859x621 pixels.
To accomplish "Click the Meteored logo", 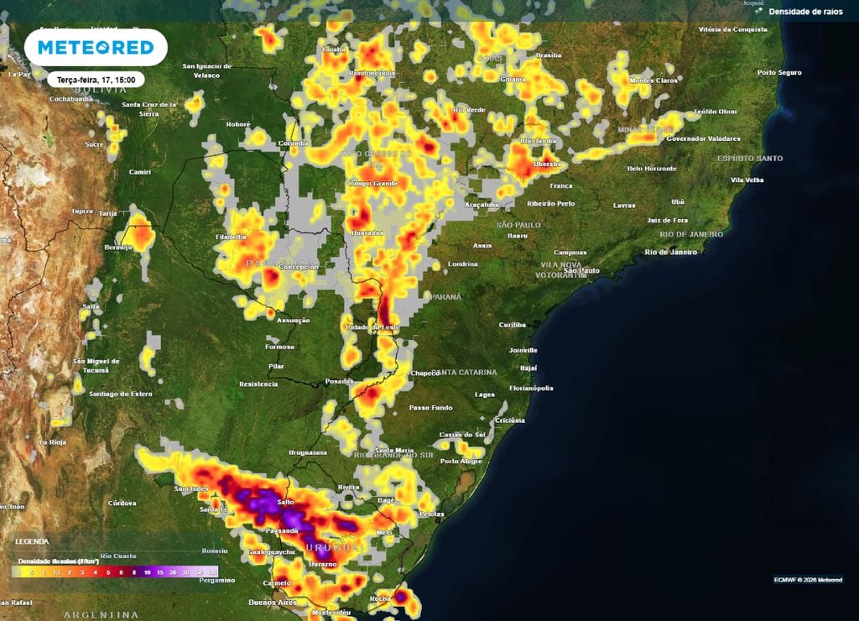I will point(96,47).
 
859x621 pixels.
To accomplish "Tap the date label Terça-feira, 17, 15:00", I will point(96,80).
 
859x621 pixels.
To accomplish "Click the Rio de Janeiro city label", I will point(670,252).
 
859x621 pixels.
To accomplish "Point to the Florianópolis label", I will point(531,388).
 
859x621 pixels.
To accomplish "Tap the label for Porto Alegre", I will point(461,461).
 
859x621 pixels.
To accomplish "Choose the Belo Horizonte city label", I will point(652,169).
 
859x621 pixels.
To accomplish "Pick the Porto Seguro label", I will point(779,72).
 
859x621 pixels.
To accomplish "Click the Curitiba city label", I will point(512,324).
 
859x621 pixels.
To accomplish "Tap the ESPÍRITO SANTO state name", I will point(750,158).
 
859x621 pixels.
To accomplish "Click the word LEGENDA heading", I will point(33,542).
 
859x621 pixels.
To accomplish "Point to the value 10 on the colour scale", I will point(148,572).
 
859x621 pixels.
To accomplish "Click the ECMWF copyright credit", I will point(808,579).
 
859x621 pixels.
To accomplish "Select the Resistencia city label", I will point(258,384).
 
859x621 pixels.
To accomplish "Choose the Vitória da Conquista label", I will point(733,29).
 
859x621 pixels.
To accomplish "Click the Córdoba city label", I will point(122,503).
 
